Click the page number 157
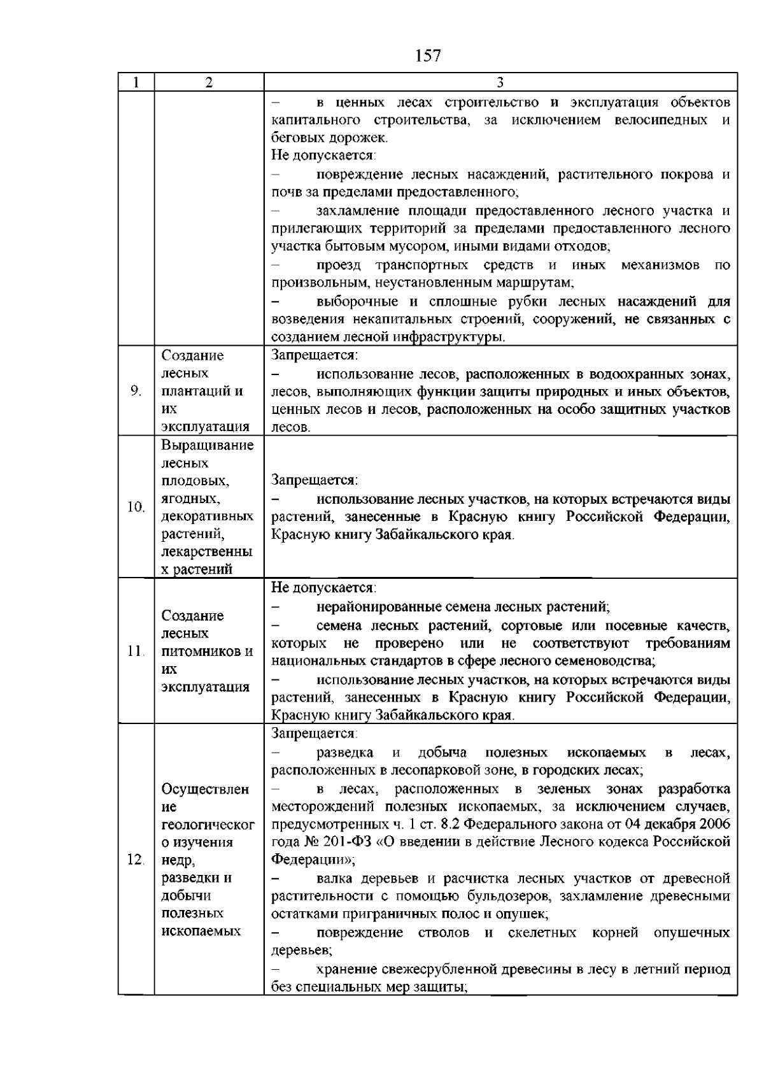pyautogui.click(x=428, y=56)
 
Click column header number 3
pyautogui.click(x=500, y=82)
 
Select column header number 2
pyautogui.click(x=209, y=82)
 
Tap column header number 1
pyautogui.click(x=136, y=82)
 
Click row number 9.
pyautogui.click(x=136, y=391)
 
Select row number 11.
pyautogui.click(x=136, y=651)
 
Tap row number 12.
pyautogui.click(x=136, y=860)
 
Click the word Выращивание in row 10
pyautogui.click(x=208, y=445)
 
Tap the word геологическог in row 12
pyautogui.click(x=208, y=825)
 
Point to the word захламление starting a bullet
pyautogui.click(x=353, y=211)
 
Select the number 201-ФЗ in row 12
pyautogui.click(x=348, y=842)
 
